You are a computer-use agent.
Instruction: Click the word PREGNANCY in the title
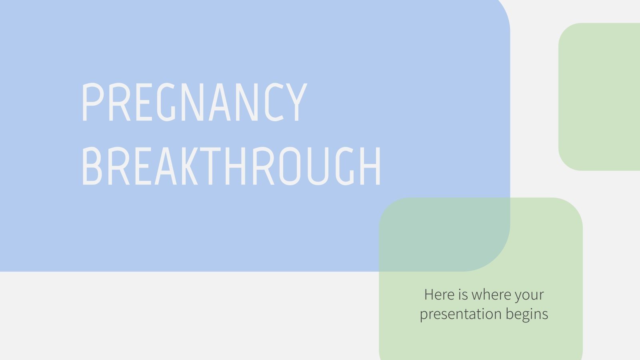[x=194, y=102]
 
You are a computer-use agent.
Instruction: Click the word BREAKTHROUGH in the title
[x=231, y=166]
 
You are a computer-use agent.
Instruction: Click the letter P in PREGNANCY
[x=91, y=102]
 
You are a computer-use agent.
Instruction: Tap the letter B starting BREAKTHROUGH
[x=91, y=166]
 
